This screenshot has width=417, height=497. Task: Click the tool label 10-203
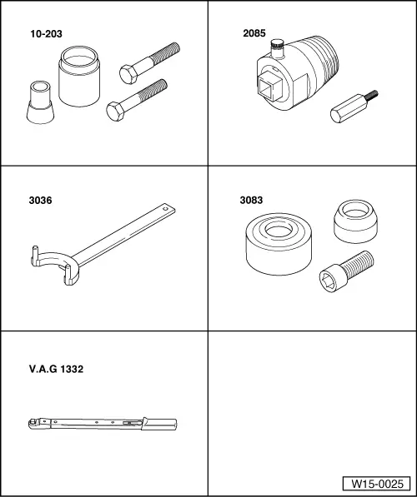click(46, 34)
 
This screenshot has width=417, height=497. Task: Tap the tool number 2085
click(254, 33)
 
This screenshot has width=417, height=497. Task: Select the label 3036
click(40, 201)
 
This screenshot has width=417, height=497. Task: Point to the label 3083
click(251, 200)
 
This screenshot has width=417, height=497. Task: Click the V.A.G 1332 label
click(56, 369)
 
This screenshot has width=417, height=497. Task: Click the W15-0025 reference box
click(377, 484)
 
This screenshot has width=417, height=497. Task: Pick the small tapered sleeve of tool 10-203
click(40, 102)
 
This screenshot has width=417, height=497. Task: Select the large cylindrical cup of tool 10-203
click(79, 76)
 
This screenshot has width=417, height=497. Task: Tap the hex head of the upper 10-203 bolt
click(128, 74)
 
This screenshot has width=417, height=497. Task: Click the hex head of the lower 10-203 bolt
click(115, 112)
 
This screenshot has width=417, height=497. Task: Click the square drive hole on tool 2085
click(270, 86)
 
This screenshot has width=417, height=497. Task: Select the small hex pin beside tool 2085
click(354, 107)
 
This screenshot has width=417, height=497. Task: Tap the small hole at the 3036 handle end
click(165, 209)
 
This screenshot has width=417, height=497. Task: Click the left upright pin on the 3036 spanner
click(35, 255)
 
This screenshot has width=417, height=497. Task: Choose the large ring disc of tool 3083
click(279, 243)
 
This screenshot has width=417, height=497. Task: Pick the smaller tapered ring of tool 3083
click(356, 221)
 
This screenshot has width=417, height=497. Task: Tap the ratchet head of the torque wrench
click(33, 424)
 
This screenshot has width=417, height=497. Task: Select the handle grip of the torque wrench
click(159, 424)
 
